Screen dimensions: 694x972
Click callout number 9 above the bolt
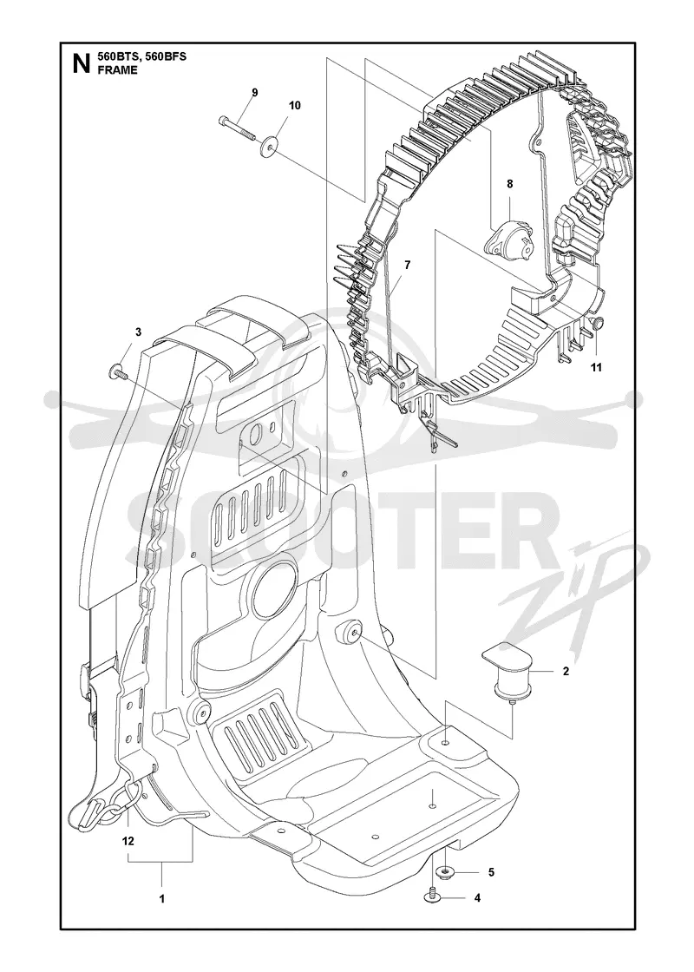point(254,92)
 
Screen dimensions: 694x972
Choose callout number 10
point(294,105)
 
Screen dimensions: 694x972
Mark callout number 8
point(509,183)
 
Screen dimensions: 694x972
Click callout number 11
point(595,368)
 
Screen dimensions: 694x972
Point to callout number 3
point(138,332)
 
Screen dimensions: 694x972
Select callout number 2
point(566,671)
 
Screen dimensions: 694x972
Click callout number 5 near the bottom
point(491,872)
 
